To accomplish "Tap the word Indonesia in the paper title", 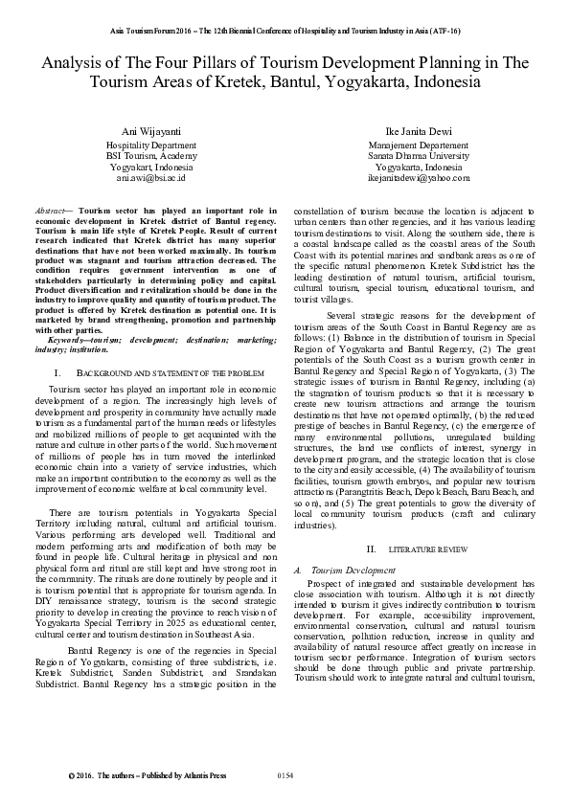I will pyautogui.click(x=438, y=83).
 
